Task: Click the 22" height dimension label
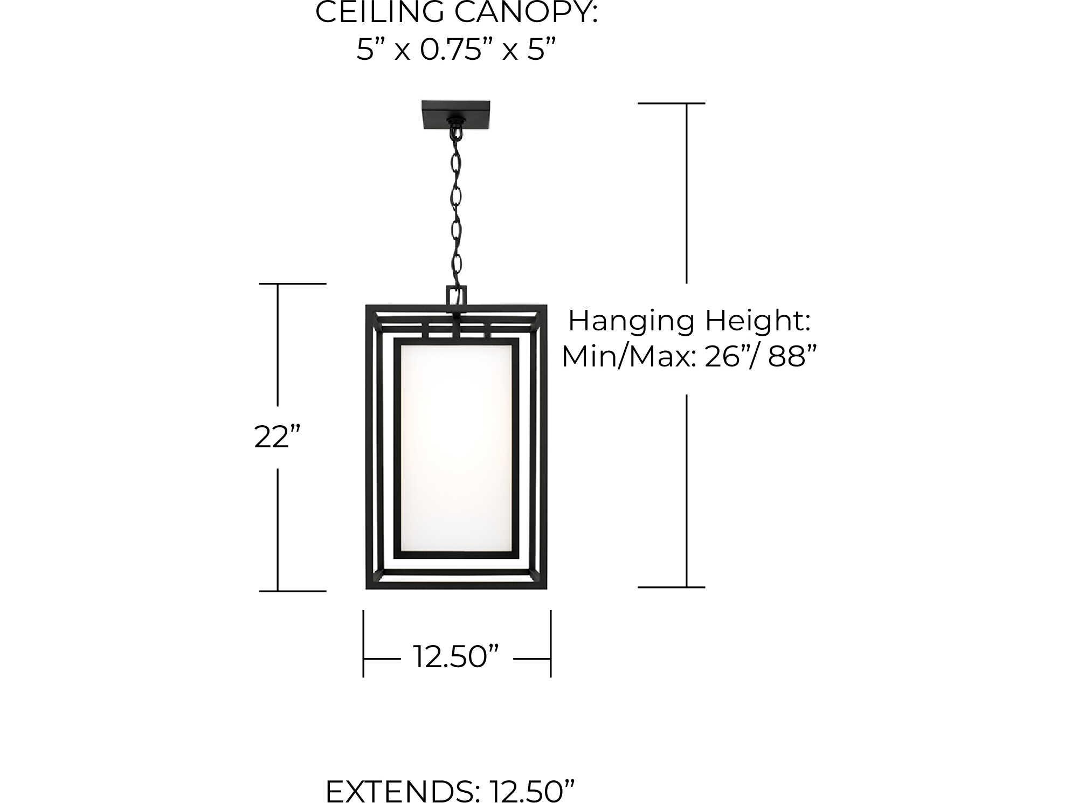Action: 277,437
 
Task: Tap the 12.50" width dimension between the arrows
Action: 456,657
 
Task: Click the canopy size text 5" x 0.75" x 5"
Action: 456,50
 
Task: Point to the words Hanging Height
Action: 689,321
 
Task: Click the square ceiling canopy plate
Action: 456,114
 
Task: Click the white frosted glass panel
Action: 456,447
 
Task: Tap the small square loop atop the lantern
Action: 456,296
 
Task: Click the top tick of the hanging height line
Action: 671,103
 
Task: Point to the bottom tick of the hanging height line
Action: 671,587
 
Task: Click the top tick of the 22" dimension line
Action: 293,283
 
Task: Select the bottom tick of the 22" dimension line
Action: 293,591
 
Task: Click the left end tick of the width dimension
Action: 363,644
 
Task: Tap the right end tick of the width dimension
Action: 550,644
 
